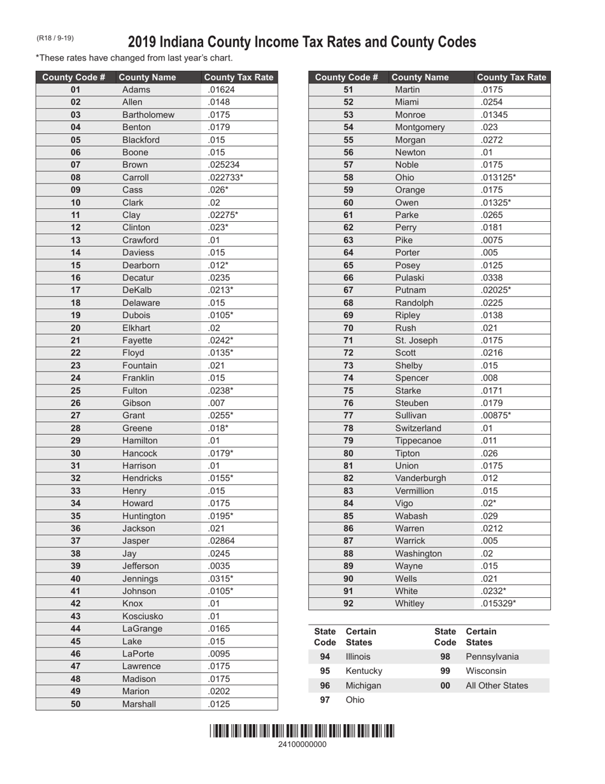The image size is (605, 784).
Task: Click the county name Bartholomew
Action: (148, 115)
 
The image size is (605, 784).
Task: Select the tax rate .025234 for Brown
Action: (223, 165)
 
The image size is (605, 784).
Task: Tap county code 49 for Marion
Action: (76, 692)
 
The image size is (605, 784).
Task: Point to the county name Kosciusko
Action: (143, 616)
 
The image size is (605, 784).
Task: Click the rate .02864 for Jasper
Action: (222, 541)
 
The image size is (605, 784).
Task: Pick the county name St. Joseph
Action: (416, 340)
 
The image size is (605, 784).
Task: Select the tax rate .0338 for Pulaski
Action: (492, 278)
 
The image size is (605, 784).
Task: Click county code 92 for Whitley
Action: (348, 604)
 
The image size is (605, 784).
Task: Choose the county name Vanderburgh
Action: (420, 479)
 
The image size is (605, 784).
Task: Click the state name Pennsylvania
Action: (492, 657)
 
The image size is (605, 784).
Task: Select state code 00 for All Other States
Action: (445, 686)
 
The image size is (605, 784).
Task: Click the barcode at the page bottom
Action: (302, 731)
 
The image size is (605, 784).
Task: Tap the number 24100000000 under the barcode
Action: (302, 744)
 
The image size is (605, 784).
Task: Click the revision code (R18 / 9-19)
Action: (55, 38)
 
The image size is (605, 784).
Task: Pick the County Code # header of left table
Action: (74, 78)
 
